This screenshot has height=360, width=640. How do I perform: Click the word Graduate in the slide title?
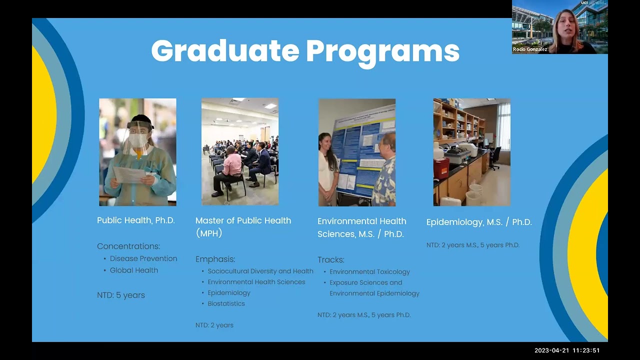[x=225, y=51]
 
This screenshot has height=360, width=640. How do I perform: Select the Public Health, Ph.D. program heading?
[x=136, y=220]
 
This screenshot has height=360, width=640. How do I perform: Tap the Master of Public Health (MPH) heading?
[x=243, y=226]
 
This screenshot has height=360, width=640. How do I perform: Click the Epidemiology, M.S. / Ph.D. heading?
[x=479, y=222]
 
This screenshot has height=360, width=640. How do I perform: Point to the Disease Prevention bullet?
[x=143, y=258]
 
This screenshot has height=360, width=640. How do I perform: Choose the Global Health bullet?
[x=134, y=270]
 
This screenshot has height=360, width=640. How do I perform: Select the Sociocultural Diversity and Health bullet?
[x=260, y=271]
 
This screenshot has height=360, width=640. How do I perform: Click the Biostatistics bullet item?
[x=226, y=303]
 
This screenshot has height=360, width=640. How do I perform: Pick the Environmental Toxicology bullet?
[x=369, y=271]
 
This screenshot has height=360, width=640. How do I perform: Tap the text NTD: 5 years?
[x=121, y=295]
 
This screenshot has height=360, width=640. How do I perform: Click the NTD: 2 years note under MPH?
[x=214, y=325]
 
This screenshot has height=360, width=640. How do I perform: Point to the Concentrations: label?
[x=128, y=246]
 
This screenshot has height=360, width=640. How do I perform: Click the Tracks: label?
[x=331, y=259]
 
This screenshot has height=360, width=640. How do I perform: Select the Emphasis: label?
[x=215, y=259]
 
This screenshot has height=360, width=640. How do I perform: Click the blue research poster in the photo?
[x=359, y=150]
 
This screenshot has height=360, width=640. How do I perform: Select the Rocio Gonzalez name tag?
[x=530, y=49]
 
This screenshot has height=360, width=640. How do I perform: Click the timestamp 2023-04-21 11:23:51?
[x=566, y=350]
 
